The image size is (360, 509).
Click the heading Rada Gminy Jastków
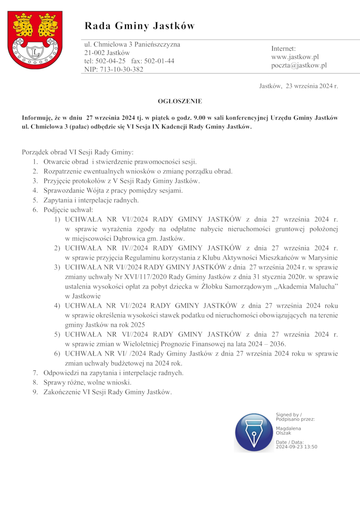[x=139, y=26]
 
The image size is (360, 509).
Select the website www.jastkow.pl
[x=295, y=57]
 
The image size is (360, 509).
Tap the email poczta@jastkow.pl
[x=299, y=65]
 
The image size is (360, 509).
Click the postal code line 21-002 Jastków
[x=107, y=53]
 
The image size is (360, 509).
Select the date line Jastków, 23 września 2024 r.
[x=298, y=86]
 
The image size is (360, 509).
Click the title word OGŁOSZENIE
[x=180, y=101]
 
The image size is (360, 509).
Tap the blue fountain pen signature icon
[x=254, y=432]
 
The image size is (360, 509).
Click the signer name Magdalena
[x=288, y=428]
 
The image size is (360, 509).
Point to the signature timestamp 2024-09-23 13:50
[x=297, y=447]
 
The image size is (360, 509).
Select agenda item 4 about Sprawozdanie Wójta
[x=113, y=190]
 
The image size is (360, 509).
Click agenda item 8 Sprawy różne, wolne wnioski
[x=87, y=382]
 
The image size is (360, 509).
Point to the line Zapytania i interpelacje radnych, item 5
[x=91, y=200]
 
